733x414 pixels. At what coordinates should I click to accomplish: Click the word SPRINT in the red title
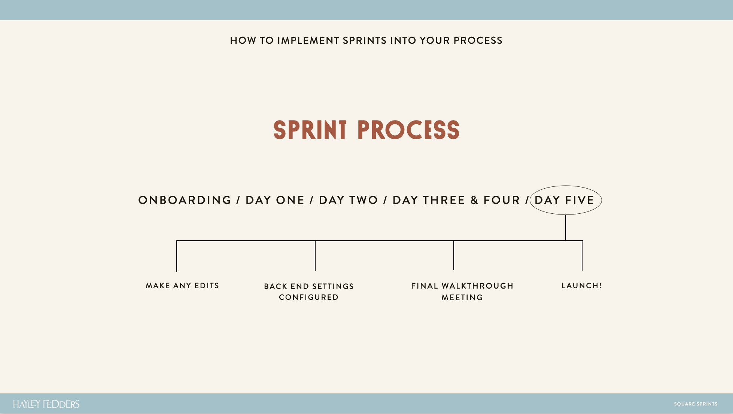(x=310, y=130)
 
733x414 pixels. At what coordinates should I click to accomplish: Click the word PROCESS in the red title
(x=408, y=130)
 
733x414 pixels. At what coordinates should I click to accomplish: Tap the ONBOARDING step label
(x=185, y=200)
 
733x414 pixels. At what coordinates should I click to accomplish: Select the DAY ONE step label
(x=275, y=200)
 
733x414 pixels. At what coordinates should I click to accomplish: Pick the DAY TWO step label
(x=349, y=200)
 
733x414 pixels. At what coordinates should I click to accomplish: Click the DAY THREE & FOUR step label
(x=456, y=200)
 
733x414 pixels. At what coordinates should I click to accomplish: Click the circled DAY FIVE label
(x=565, y=200)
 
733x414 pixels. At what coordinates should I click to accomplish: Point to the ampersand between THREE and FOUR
(x=474, y=200)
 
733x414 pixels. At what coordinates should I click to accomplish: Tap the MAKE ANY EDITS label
(x=182, y=286)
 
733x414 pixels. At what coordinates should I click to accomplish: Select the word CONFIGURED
(x=309, y=297)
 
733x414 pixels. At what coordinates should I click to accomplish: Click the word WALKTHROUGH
(x=478, y=286)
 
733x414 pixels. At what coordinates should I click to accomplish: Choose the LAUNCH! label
(x=582, y=286)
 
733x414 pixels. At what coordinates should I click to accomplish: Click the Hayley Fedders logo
(x=46, y=404)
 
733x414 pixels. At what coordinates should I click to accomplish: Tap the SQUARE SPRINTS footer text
(x=696, y=404)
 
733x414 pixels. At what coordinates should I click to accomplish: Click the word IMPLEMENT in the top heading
(x=308, y=40)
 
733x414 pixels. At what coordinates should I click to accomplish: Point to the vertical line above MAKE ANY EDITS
(x=177, y=256)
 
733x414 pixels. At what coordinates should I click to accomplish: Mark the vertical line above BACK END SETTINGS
(x=315, y=256)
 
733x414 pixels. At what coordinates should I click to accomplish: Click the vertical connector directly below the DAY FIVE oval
(x=566, y=228)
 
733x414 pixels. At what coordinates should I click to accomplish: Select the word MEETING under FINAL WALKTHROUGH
(x=462, y=298)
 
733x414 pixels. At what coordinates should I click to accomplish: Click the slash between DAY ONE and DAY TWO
(x=311, y=200)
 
